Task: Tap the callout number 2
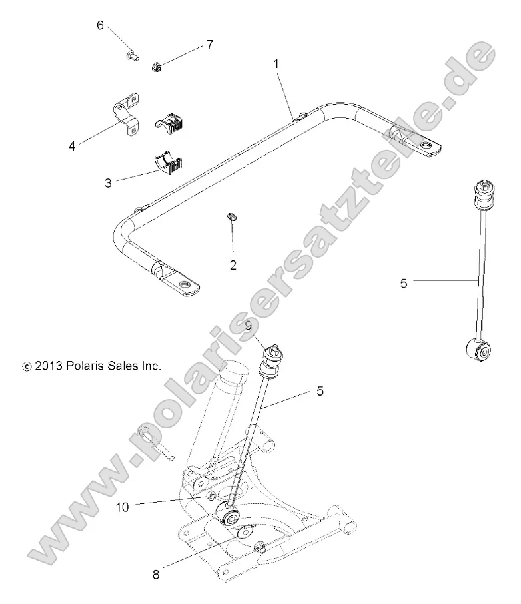(233, 265)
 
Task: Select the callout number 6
(101, 25)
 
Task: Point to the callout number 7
(209, 45)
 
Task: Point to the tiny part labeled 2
(232, 217)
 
